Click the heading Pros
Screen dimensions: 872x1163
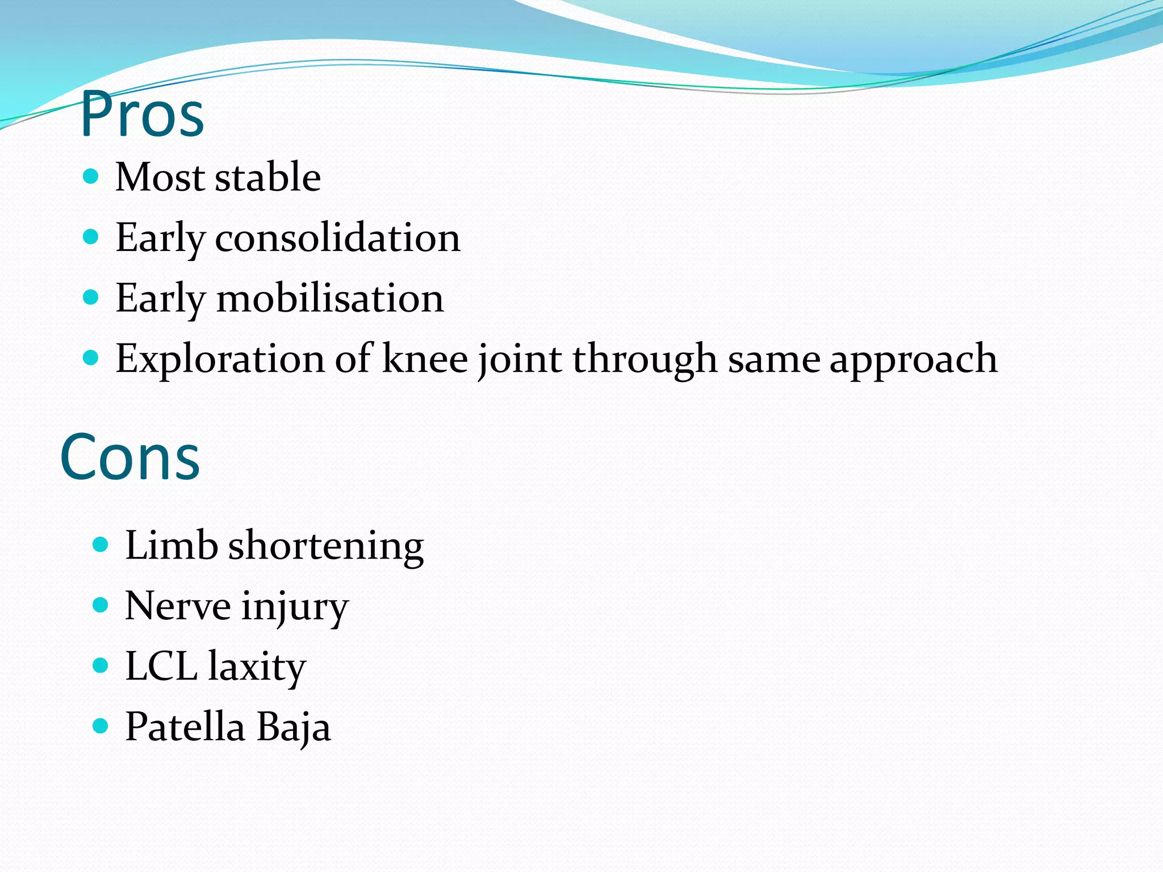142,115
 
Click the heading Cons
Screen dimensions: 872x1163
130,457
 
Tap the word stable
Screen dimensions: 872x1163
267,177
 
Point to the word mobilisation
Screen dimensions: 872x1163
330,298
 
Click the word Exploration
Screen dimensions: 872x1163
220,359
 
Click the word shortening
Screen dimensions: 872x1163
325,546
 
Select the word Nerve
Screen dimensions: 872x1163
177,606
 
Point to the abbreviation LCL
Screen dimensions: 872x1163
161,666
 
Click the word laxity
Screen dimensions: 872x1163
257,667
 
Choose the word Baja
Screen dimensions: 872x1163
293,727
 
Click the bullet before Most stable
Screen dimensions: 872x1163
91,177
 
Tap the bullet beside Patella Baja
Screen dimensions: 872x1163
100,726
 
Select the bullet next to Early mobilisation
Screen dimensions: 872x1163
91,297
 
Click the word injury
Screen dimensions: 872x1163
294,607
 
